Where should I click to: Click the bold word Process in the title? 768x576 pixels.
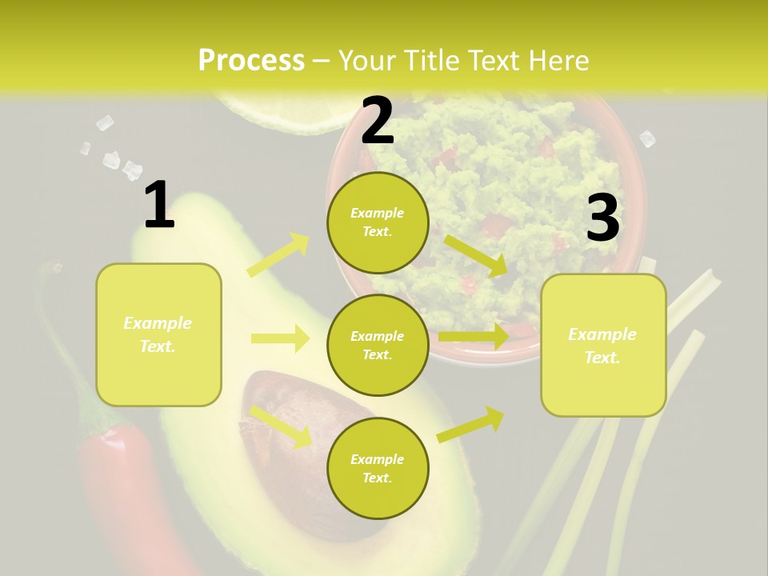[x=251, y=61]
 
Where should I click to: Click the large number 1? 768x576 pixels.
[x=159, y=206]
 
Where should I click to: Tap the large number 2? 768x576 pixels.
[x=378, y=121]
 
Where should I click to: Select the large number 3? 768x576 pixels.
[x=602, y=218]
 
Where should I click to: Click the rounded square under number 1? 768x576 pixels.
[x=158, y=334]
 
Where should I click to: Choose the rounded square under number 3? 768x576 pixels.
[x=603, y=345]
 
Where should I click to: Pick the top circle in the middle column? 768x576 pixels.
[x=378, y=222]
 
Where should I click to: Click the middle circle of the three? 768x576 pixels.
[x=378, y=345]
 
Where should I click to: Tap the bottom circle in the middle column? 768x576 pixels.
[x=378, y=468]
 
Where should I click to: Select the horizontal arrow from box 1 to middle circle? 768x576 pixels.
[x=280, y=338]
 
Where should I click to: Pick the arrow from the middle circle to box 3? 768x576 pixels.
[x=474, y=336]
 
